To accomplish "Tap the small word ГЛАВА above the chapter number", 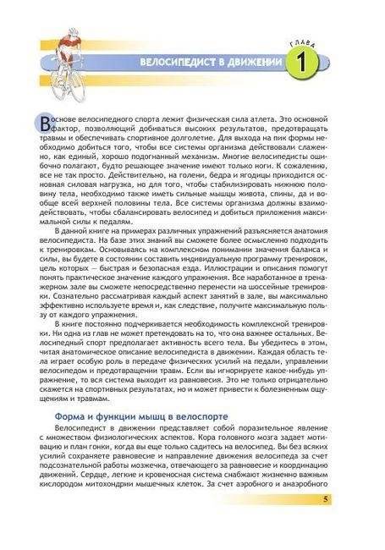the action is pos(302,38).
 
